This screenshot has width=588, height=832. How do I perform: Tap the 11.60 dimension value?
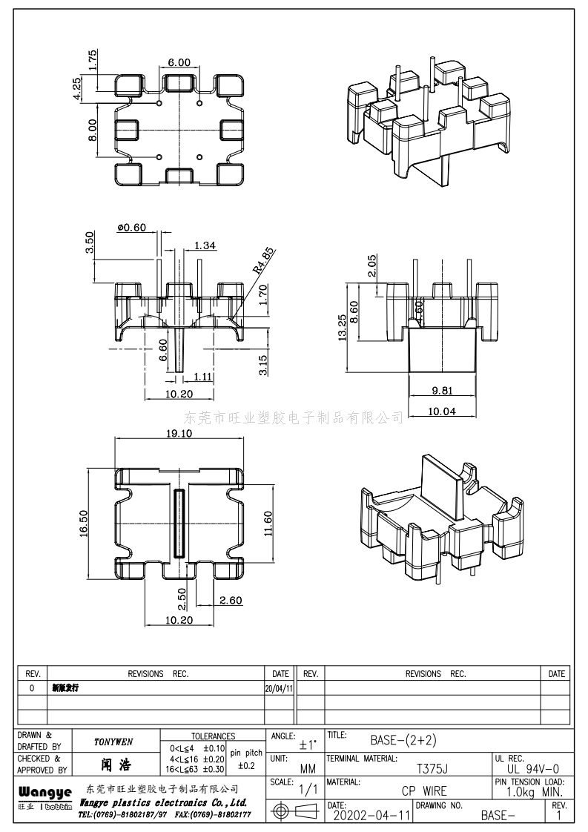268,523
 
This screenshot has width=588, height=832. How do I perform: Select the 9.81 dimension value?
443,391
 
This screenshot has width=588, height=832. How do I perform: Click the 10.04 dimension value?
443,411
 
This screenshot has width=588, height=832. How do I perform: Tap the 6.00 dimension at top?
179,62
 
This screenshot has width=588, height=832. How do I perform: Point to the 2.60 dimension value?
231,601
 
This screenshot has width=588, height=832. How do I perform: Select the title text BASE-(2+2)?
406,739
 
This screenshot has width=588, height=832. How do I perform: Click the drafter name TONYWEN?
113,742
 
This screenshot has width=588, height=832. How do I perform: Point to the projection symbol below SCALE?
293,812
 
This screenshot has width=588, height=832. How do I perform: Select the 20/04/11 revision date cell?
279,688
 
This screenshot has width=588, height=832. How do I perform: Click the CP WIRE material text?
424,791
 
